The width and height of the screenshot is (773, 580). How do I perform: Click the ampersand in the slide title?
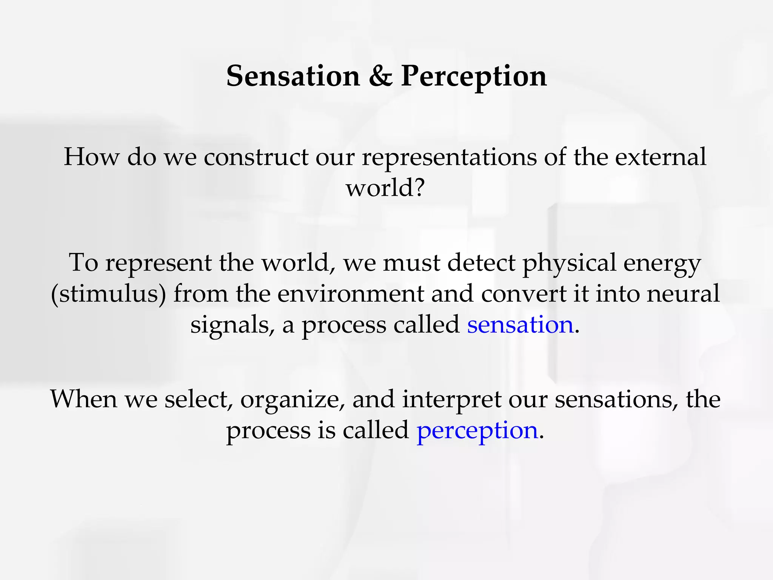(x=380, y=76)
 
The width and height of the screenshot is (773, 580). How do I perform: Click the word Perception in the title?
(x=474, y=76)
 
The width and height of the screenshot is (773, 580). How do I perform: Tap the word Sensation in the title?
(x=293, y=76)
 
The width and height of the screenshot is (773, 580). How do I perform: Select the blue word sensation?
(x=520, y=325)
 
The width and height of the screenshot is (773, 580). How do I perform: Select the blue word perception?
(x=477, y=430)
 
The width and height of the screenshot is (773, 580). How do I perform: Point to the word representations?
(x=449, y=157)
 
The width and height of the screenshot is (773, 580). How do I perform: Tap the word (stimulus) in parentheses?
(x=108, y=294)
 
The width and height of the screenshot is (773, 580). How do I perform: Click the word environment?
(x=351, y=294)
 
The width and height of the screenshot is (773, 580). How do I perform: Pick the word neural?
(x=683, y=294)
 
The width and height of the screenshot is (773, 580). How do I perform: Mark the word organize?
(x=293, y=400)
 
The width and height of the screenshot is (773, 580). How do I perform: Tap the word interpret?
(x=452, y=400)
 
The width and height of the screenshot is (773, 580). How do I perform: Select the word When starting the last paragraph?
(x=84, y=400)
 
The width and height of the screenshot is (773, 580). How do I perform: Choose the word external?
(x=661, y=157)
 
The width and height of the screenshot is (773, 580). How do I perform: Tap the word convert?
(x=523, y=294)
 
